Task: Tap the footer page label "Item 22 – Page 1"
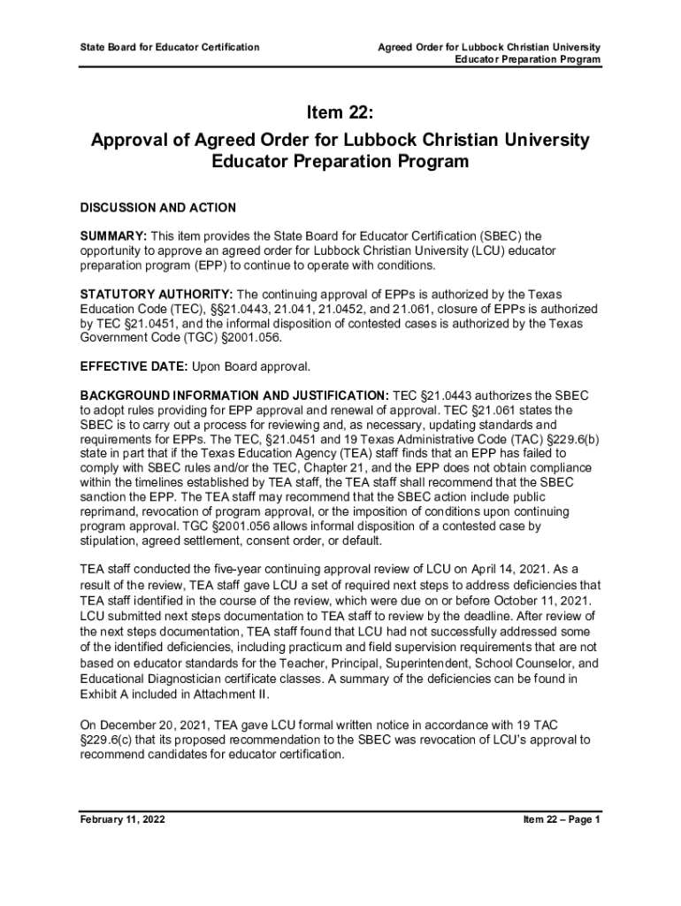click(562, 819)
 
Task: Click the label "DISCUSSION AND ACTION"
click(158, 208)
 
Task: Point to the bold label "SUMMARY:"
click(113, 236)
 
